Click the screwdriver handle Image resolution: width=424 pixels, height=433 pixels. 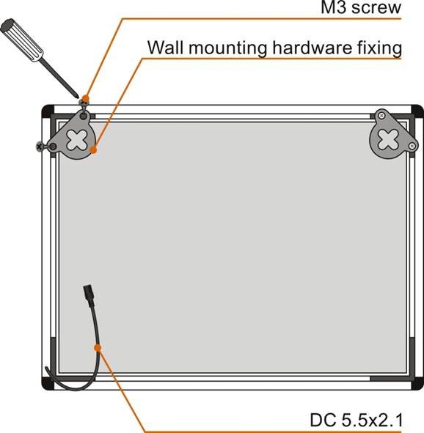click(22, 40)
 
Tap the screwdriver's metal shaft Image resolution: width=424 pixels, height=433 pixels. click(59, 78)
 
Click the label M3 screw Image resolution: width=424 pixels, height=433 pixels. click(361, 7)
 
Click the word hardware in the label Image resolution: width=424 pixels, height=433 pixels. click(312, 47)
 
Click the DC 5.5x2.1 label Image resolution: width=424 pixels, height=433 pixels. click(357, 420)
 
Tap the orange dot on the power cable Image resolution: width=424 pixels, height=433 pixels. click(98, 348)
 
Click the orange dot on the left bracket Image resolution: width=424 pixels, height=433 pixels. click(94, 149)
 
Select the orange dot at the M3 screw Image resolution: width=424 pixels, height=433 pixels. click(86, 98)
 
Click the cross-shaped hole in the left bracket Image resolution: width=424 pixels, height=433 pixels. click(77, 139)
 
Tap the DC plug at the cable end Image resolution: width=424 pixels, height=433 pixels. click(89, 295)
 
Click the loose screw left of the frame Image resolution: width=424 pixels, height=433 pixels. click(42, 147)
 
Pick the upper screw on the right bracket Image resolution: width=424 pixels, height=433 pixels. click(381, 116)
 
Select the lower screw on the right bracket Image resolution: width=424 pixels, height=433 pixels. click(412, 146)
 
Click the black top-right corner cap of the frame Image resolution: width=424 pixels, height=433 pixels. click(417, 111)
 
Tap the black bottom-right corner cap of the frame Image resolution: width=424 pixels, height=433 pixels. click(417, 384)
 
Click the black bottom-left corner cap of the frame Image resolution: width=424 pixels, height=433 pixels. click(47, 384)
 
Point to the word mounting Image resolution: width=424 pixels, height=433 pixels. click(228, 48)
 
